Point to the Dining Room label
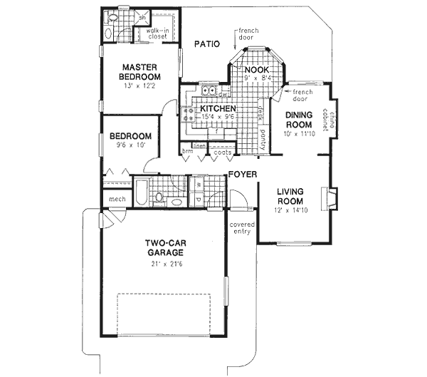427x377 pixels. (x=300, y=118)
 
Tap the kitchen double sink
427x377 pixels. (x=209, y=91)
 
